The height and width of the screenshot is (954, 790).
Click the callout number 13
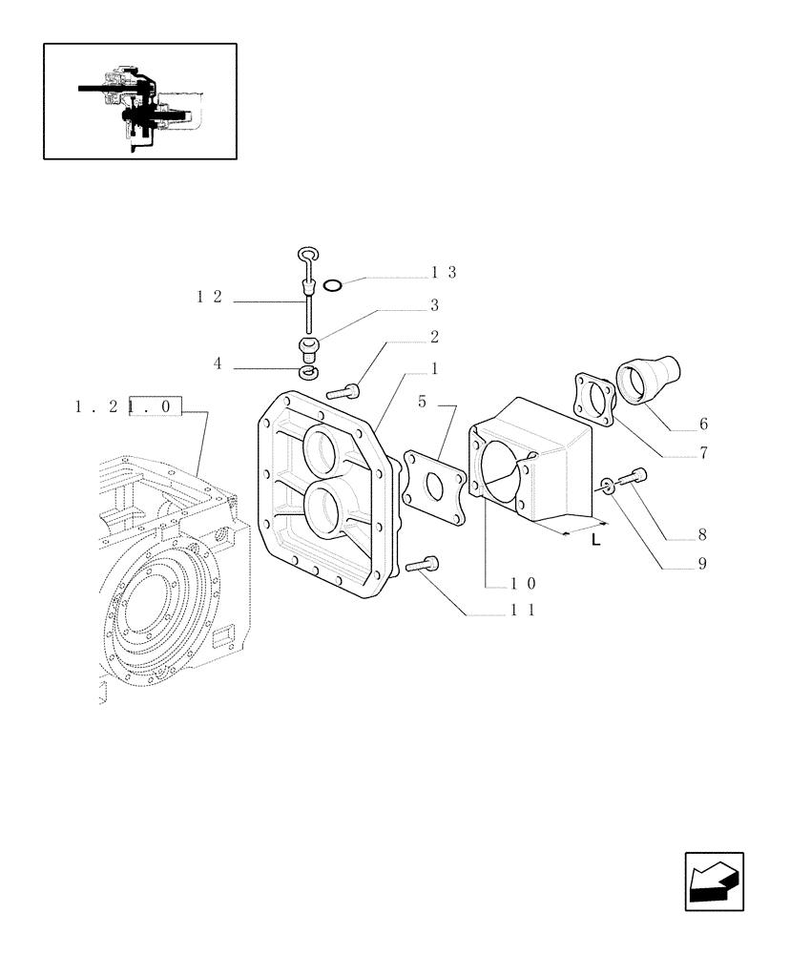(444, 273)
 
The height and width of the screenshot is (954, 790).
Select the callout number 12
(209, 297)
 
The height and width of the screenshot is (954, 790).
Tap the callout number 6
(703, 424)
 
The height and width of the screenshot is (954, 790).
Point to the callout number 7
(703, 453)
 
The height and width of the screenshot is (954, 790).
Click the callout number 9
(701, 564)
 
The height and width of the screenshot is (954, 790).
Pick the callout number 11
(522, 612)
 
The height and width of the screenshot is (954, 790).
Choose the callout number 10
(522, 584)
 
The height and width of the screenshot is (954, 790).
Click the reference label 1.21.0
(127, 407)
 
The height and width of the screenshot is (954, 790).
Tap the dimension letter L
(595, 541)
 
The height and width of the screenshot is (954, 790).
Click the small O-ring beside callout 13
(332, 284)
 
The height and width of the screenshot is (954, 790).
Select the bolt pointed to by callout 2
(343, 390)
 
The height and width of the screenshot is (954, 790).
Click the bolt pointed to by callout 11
(421, 567)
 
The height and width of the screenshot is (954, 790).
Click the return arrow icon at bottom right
(714, 881)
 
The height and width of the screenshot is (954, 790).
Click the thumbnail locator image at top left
(139, 101)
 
